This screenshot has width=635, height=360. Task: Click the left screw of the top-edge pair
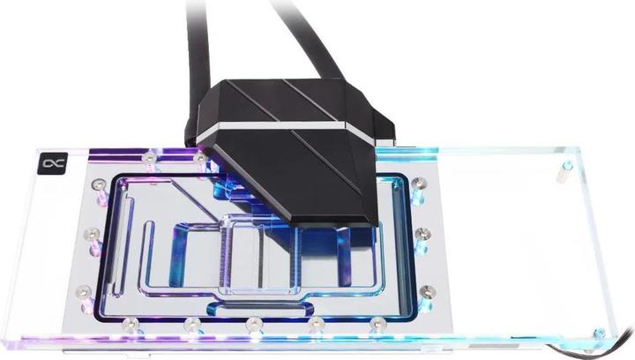click(x=150, y=156)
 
